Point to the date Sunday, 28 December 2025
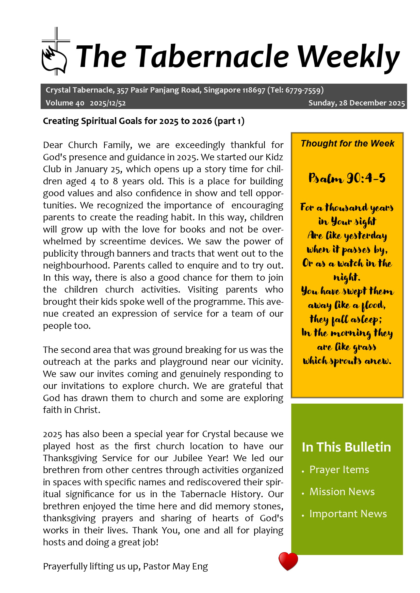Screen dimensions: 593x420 [356, 103]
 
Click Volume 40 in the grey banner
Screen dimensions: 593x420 [65, 103]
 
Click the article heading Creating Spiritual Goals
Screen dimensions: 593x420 [143, 121]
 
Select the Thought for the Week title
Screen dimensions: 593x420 [347, 143]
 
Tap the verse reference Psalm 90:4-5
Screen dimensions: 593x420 [347, 178]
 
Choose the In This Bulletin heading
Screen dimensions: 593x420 [346, 447]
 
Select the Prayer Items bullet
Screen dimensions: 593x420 [339, 470]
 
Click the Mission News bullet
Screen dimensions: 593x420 [342, 492]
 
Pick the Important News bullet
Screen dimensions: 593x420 [348, 514]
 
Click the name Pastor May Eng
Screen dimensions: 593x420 [175, 566]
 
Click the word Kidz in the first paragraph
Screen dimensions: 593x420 [274, 157]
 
